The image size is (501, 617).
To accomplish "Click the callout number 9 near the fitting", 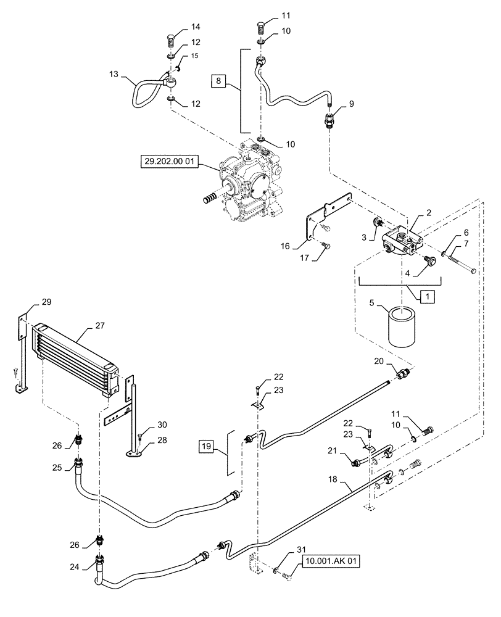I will point(351,105).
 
